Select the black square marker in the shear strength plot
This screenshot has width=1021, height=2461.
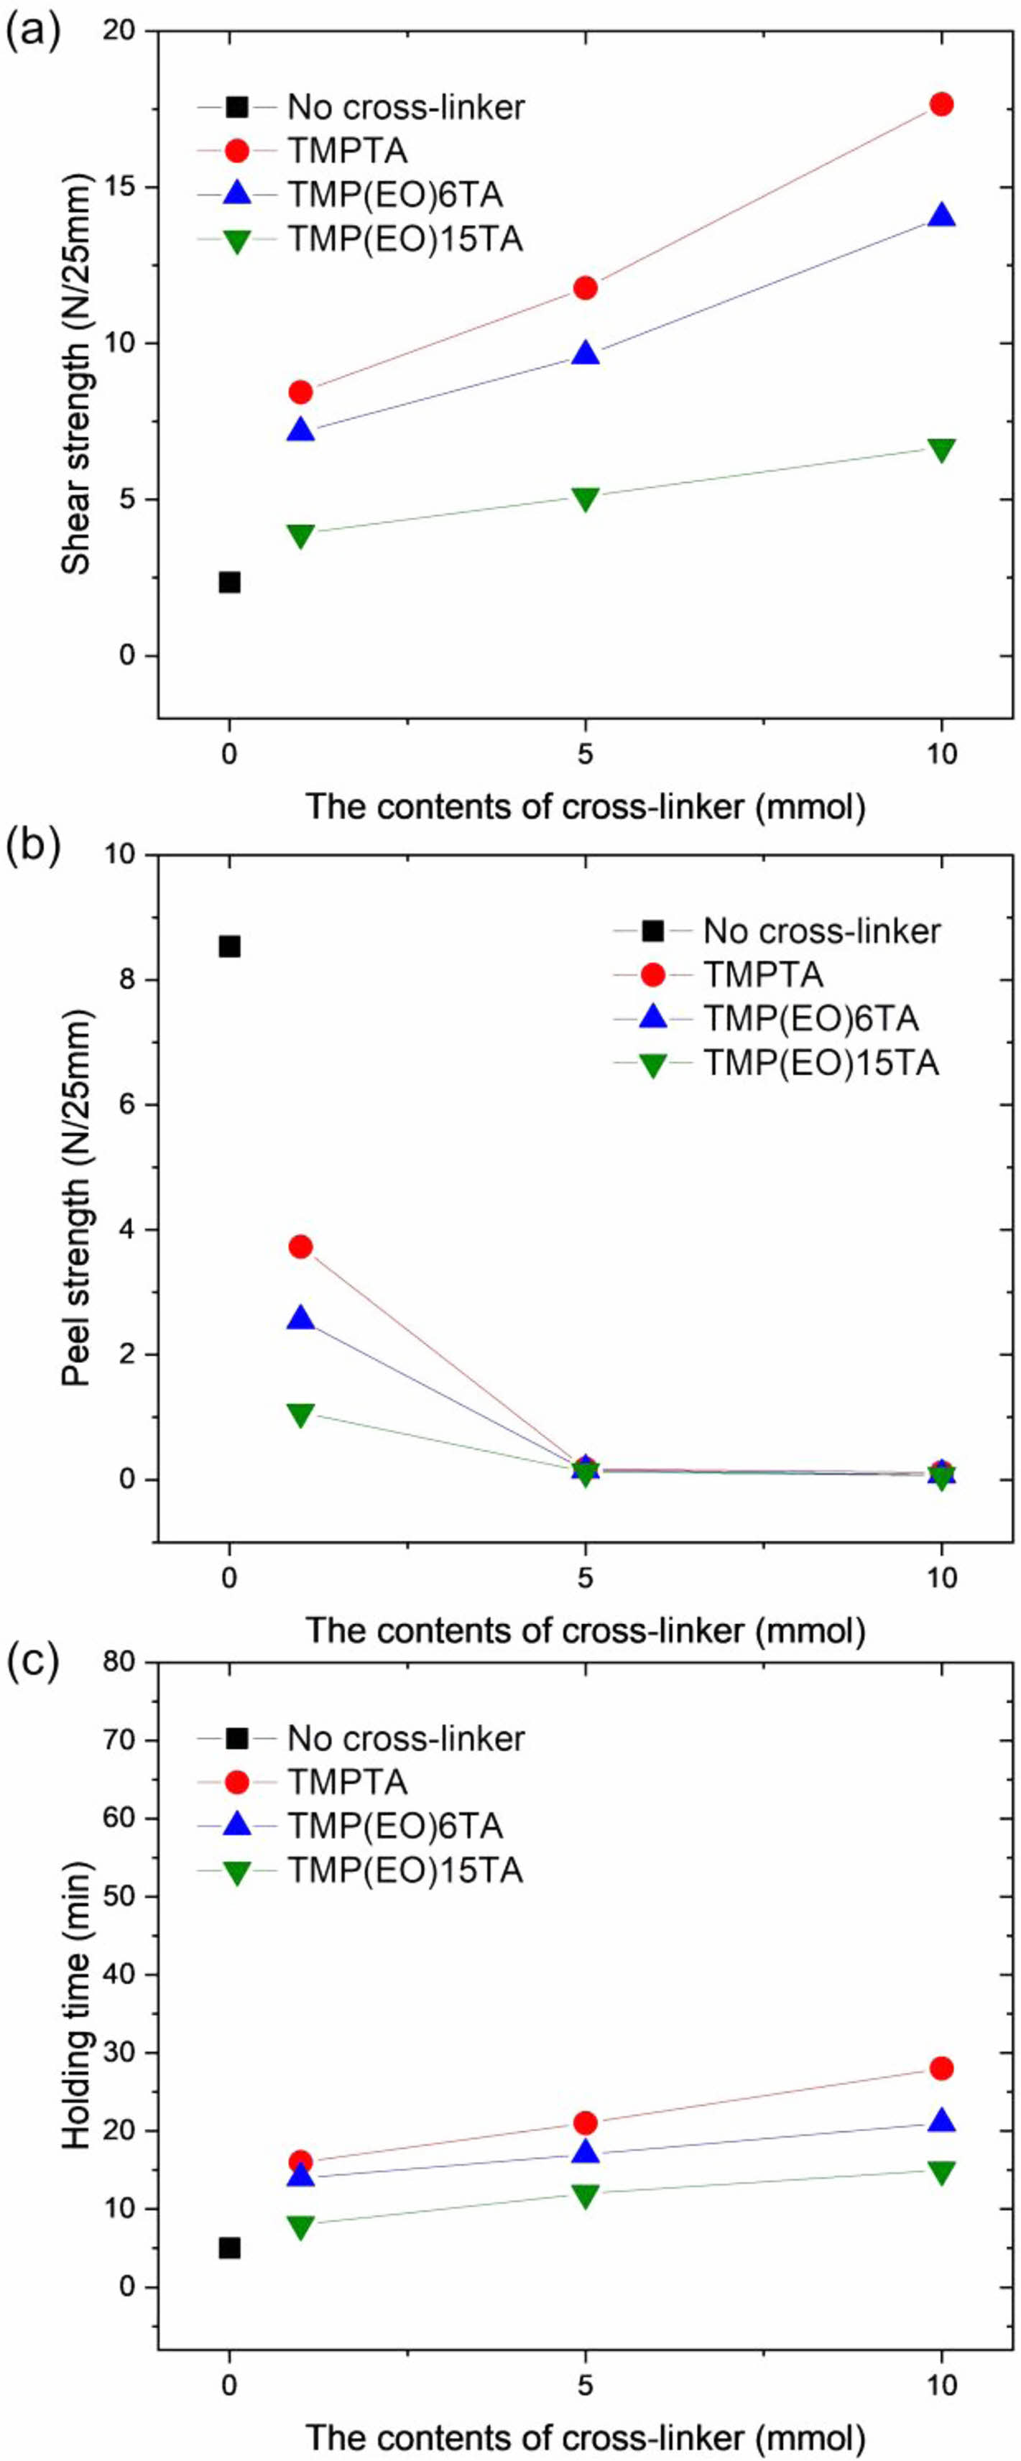click(229, 582)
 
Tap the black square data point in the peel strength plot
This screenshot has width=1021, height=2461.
click(229, 946)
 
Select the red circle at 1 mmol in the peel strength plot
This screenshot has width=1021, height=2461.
click(301, 1246)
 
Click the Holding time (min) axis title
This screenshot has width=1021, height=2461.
click(76, 2006)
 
